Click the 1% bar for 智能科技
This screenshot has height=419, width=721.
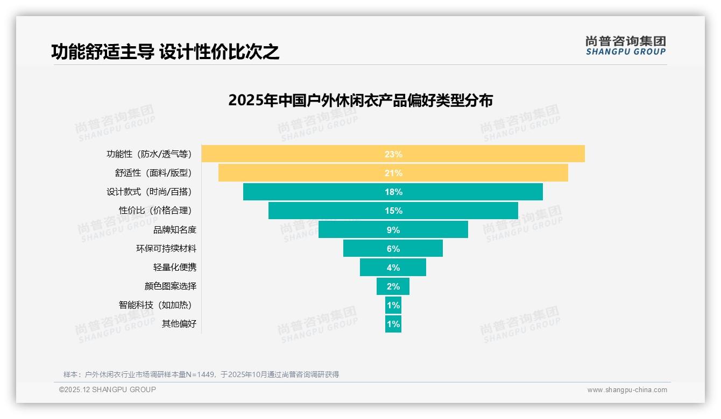(x=393, y=305)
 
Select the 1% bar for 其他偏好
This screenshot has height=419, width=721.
(x=393, y=324)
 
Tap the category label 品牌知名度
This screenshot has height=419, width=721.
(x=175, y=229)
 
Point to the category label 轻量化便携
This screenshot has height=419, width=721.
(x=175, y=267)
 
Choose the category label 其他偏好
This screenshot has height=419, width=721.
(x=179, y=324)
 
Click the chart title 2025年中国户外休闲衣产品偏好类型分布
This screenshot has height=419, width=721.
(x=360, y=100)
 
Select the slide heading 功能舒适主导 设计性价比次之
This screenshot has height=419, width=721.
(x=165, y=52)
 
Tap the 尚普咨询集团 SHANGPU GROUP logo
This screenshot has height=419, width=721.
(x=626, y=46)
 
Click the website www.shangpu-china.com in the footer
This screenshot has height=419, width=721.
(x=627, y=390)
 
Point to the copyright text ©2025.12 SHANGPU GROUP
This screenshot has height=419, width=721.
(x=108, y=389)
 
